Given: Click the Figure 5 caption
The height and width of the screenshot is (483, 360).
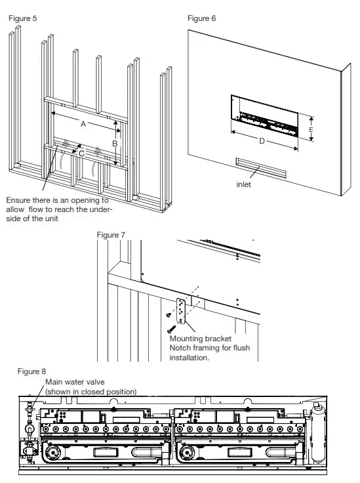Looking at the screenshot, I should pyautogui.click(x=22, y=18).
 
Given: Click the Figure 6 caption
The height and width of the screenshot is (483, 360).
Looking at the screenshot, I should pyautogui.click(x=201, y=18).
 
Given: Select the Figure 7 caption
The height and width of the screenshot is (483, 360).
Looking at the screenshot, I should pyautogui.click(x=111, y=234).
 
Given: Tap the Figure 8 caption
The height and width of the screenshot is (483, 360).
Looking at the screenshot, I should pyautogui.click(x=31, y=371).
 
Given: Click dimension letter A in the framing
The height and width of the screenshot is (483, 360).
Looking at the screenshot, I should pyautogui.click(x=83, y=123).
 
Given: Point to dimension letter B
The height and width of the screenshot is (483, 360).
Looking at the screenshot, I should pyautogui.click(x=114, y=142).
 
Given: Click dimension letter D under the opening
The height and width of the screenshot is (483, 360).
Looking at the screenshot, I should pyautogui.click(x=262, y=141).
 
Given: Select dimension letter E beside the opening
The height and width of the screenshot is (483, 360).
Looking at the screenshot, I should pyautogui.click(x=311, y=130).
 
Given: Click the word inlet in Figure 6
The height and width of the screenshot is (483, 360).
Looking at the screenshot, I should pyautogui.click(x=243, y=184).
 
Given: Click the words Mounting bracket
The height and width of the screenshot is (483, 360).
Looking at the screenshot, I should pyautogui.click(x=200, y=339).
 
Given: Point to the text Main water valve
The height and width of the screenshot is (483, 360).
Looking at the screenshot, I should pyautogui.click(x=74, y=381).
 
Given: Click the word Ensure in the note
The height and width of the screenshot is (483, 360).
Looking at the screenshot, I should pyautogui.click(x=19, y=199).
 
